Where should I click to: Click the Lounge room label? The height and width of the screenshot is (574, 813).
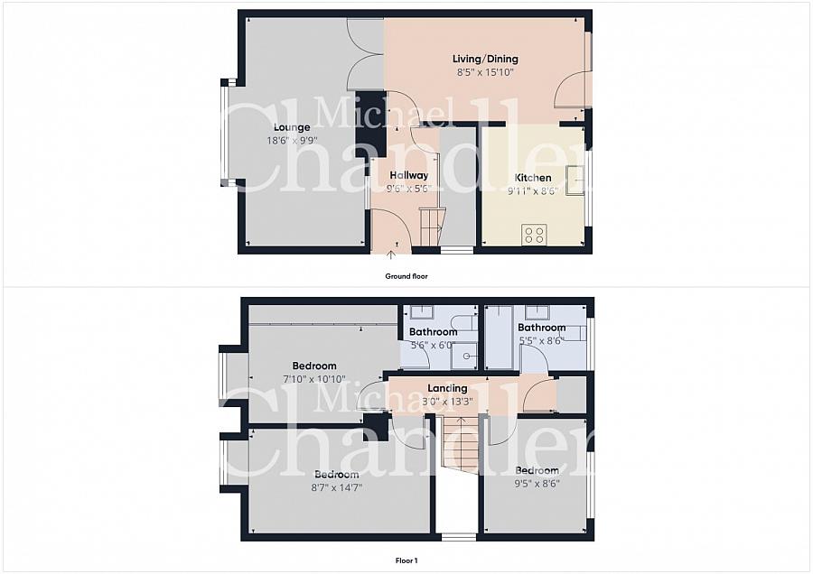tap(292, 127)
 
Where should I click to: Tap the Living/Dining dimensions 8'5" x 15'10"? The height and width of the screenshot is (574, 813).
tap(485, 72)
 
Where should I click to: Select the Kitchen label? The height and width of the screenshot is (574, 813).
tap(533, 178)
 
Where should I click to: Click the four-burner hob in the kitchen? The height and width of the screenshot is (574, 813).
tap(534, 234)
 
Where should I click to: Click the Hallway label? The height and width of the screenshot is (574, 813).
tap(409, 176)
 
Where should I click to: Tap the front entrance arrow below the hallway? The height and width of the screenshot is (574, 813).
tap(390, 254)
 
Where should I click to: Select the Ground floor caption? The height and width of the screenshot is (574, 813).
tap(406, 277)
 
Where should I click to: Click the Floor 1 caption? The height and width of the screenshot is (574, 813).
tap(406, 560)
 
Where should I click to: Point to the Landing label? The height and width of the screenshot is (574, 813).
tap(447, 388)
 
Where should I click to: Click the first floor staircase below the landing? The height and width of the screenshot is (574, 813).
tap(460, 444)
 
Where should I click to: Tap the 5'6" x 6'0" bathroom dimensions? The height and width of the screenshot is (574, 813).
tap(433, 345)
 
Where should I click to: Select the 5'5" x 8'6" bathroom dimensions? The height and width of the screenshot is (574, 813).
tap(542, 341)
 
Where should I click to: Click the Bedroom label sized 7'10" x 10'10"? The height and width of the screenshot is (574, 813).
tap(314, 366)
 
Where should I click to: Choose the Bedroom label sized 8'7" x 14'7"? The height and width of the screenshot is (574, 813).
tap(337, 475)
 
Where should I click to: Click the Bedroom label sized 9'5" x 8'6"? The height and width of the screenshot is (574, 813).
tap(537, 470)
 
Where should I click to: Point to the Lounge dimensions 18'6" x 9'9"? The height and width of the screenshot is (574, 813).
tap(292, 141)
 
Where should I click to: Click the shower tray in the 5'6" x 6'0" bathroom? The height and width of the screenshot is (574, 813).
tap(463, 356)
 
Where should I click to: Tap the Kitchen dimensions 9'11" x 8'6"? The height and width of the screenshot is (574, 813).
tap(533, 191)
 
